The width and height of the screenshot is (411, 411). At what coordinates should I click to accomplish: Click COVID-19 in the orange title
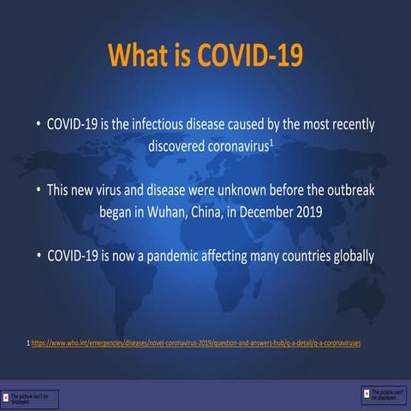[250, 56]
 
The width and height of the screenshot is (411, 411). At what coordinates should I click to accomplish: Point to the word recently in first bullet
[349, 125]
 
